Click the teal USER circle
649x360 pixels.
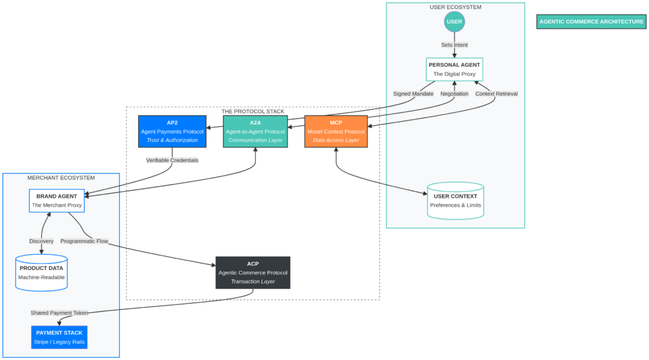coord(454,22)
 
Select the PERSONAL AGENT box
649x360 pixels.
coord(454,69)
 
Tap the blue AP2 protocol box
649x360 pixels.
coord(172,131)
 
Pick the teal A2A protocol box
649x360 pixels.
coord(255,131)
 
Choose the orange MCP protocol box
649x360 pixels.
coord(336,131)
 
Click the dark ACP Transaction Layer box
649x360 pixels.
coord(253,273)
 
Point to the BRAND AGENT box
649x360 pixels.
coord(56,200)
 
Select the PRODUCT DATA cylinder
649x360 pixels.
coord(42,273)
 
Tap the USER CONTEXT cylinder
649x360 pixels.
coord(455,200)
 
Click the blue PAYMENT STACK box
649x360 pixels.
coord(59,337)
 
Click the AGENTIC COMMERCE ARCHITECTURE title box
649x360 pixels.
coord(591,22)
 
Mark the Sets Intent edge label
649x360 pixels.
coord(454,45)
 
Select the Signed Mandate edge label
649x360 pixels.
coord(413,94)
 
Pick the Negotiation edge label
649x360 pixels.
coord(454,94)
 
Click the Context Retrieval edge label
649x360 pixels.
coord(496,94)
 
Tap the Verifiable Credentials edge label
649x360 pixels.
coord(172,160)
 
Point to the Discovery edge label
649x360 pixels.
coord(42,241)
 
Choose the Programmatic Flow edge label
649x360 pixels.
coord(84,241)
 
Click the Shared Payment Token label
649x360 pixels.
coord(59,313)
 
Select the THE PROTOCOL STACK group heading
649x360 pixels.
coord(253,112)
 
